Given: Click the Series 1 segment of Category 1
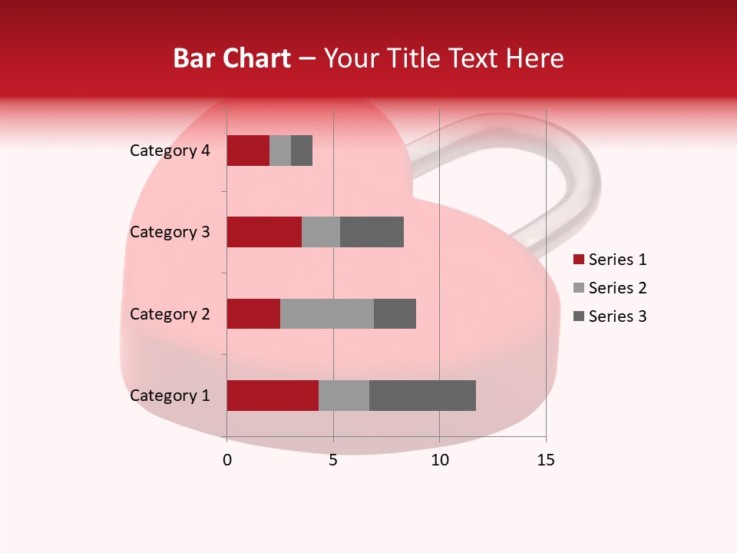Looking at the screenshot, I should point(273,396).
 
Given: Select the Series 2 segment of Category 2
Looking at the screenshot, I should point(327,313).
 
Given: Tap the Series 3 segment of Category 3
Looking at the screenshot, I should point(372,232).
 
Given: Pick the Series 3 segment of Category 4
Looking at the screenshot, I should point(302,151).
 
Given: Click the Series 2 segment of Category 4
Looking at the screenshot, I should point(280,151).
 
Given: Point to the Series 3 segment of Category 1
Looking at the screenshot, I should point(422,396).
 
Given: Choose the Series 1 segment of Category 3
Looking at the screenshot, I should point(264,232).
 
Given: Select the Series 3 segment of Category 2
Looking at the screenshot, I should point(395,313).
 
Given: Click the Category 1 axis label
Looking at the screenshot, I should point(170,396).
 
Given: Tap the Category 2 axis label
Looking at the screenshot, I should point(170,313).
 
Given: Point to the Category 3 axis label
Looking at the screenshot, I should point(170,232).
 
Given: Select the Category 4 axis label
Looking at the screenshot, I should point(170,151).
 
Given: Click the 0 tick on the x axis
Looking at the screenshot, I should point(227,460).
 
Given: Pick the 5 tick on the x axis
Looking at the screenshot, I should point(333,460).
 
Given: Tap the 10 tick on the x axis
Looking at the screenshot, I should point(439,460).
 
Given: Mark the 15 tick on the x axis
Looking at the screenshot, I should point(546,460).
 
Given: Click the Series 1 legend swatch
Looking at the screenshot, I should point(579,260).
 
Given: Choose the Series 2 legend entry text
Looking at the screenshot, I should point(617,288).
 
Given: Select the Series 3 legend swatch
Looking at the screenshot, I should point(579,316).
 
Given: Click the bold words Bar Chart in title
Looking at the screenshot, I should point(232,58).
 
